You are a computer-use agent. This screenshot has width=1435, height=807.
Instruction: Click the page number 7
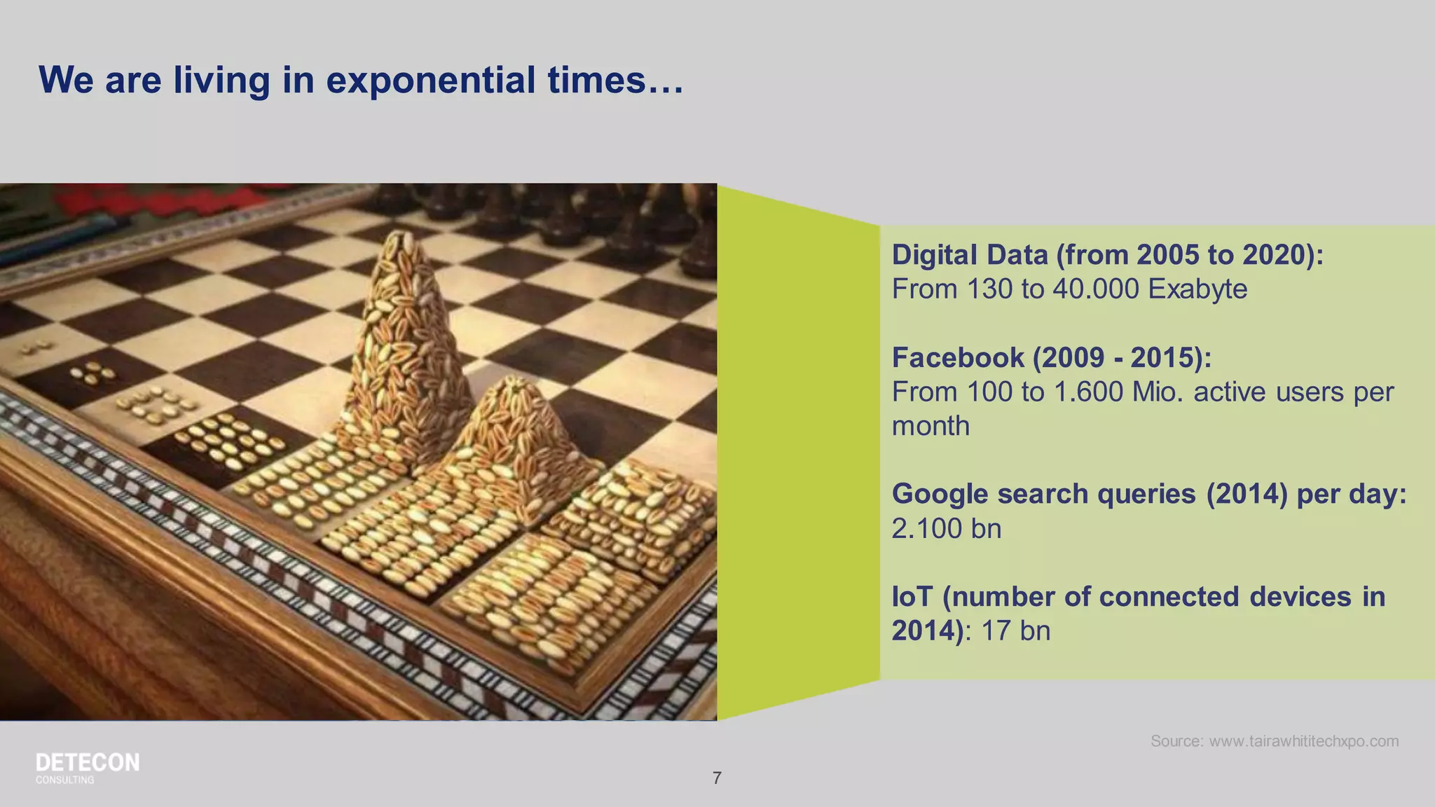pyautogui.click(x=717, y=778)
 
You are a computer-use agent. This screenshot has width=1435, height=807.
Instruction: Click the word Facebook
pyautogui.click(x=957, y=358)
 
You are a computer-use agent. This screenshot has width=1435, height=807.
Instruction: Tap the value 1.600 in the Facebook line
pyautogui.click(x=1089, y=392)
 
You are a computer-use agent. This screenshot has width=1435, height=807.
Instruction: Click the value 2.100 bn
pyautogui.click(x=946, y=529)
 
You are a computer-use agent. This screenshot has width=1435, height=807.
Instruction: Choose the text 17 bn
pyautogui.click(x=1015, y=631)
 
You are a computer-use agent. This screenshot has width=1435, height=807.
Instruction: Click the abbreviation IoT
pyautogui.click(x=912, y=597)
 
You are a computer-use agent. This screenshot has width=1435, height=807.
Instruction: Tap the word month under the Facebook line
pyautogui.click(x=931, y=427)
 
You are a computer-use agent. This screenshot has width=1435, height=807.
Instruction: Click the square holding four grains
pyautogui.click(x=94, y=373)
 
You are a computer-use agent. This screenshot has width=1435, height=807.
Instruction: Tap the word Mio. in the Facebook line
pyautogui.click(x=1158, y=392)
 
